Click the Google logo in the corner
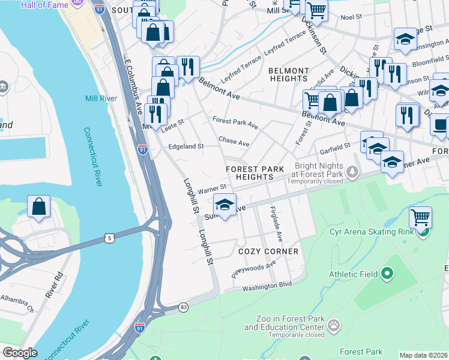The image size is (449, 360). pyautogui.click(x=20, y=353)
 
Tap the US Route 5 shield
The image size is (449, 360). pyautogui.click(x=109, y=239)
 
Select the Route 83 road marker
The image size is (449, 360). pyautogui.click(x=184, y=308)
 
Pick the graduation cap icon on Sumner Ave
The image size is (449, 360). pyautogui.click(x=225, y=205)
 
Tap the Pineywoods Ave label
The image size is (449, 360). pyautogui.click(x=254, y=269)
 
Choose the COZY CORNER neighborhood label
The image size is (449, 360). pyautogui.click(x=268, y=251)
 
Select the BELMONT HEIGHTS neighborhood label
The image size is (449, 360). pyautogui.click(x=288, y=74)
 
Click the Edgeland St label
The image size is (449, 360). pyautogui.click(x=186, y=146)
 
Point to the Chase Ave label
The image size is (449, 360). pyautogui.click(x=234, y=142)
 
